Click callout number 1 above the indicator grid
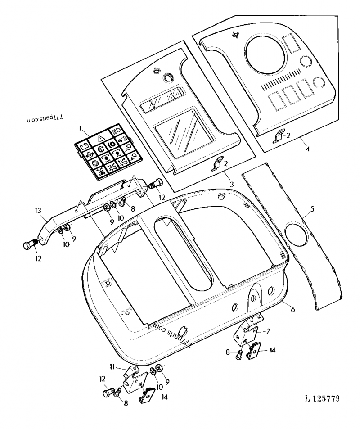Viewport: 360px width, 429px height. pos(81,129)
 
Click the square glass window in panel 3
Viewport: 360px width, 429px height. pos(176,133)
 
